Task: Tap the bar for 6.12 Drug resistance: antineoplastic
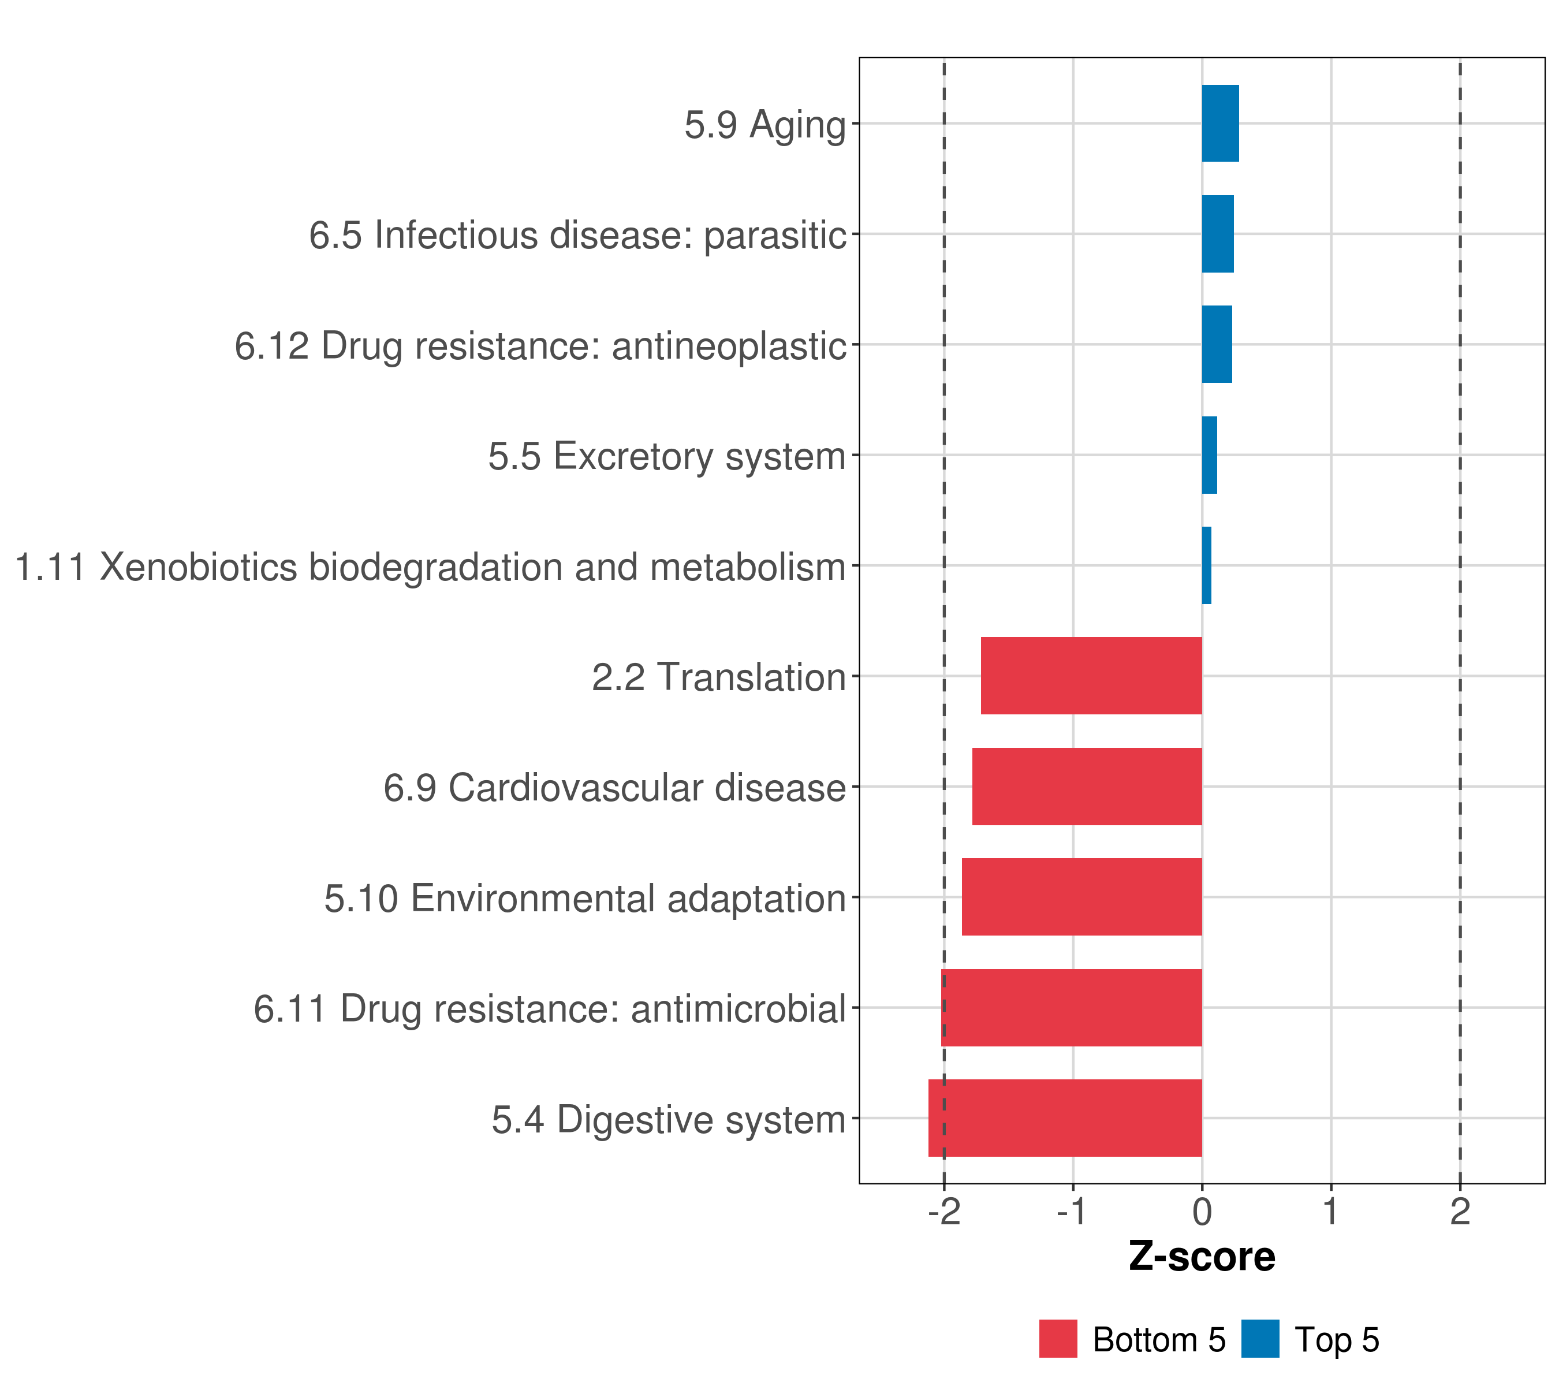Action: [1217, 344]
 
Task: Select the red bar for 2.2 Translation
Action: [1091, 675]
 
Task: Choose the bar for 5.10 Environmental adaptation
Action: [1081, 896]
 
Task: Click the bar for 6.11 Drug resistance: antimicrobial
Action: [1071, 1007]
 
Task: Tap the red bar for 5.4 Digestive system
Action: [1065, 1117]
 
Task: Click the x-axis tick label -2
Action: [943, 1212]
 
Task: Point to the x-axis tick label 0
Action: [1202, 1212]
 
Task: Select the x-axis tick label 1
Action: [1331, 1212]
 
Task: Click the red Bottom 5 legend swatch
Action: [1058, 1339]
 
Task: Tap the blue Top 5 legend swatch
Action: [1260, 1339]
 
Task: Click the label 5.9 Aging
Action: [765, 124]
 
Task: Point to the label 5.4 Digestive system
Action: [669, 1119]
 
